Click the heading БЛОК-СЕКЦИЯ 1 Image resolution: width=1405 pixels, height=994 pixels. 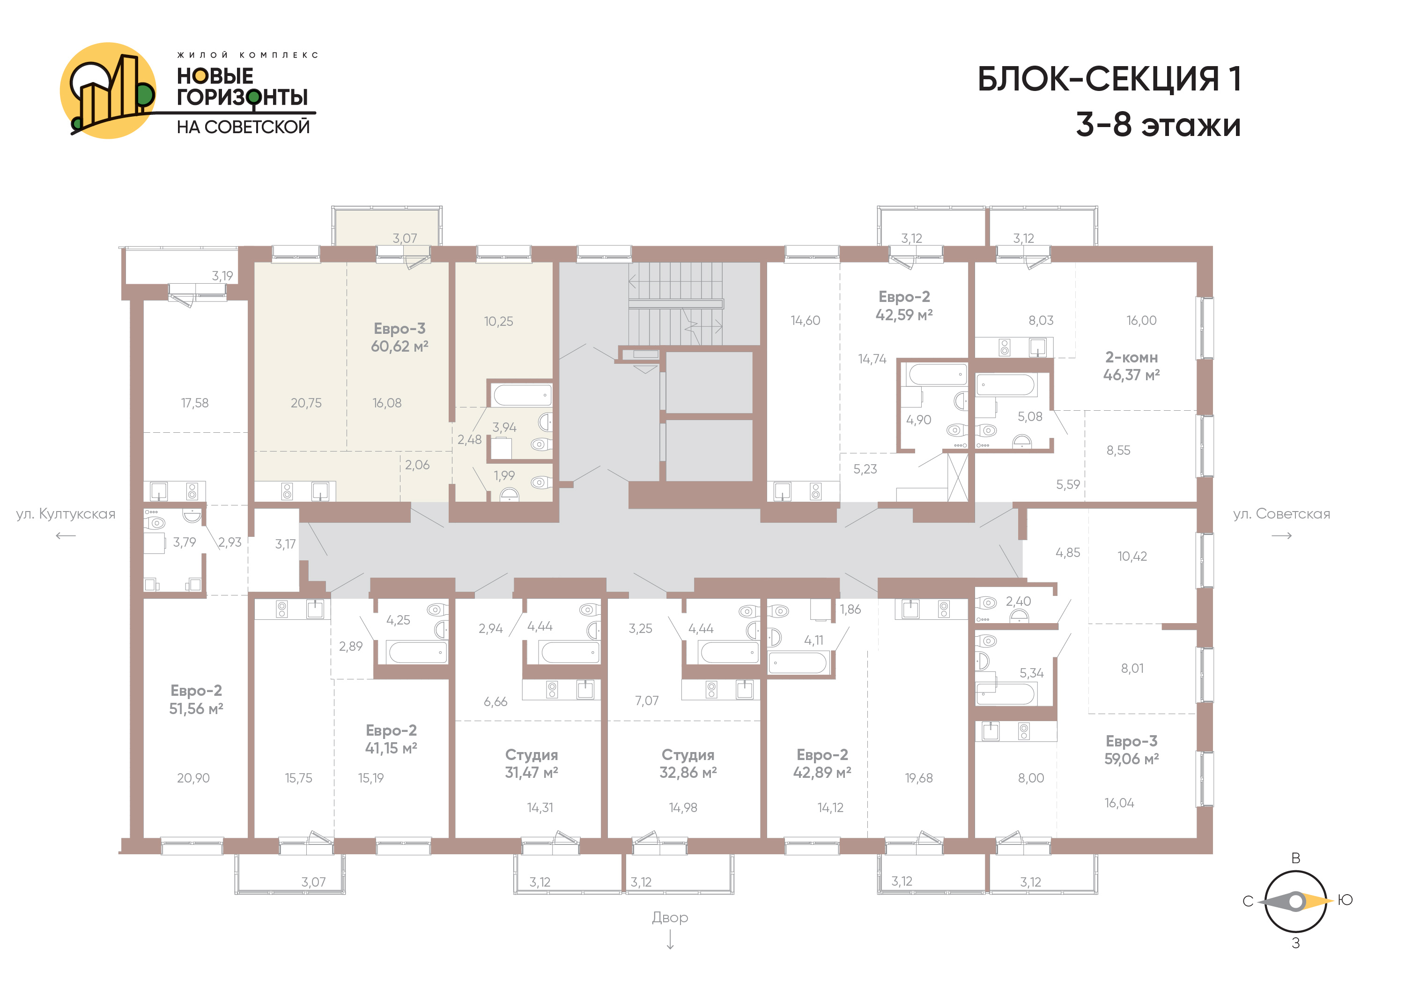pyautogui.click(x=1109, y=79)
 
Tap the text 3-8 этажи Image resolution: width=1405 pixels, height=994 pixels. pyautogui.click(x=1158, y=125)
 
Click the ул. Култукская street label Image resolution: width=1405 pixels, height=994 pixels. pyautogui.click(x=66, y=514)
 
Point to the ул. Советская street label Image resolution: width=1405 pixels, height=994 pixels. pyautogui.click(x=1281, y=514)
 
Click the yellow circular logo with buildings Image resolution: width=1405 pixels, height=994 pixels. pyautogui.click(x=108, y=90)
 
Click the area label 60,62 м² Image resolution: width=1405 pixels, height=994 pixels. pyautogui.click(x=399, y=346)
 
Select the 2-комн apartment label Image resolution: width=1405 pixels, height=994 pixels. pyautogui.click(x=1131, y=358)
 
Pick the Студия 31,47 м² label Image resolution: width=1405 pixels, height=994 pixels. pyautogui.click(x=532, y=764)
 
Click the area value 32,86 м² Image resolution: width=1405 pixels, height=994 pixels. pyautogui.click(x=688, y=773)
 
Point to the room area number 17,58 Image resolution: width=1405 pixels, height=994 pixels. pyautogui.click(x=195, y=403)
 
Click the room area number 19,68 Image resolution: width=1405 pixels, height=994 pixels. pyautogui.click(x=919, y=778)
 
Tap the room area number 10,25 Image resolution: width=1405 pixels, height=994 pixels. pyautogui.click(x=499, y=322)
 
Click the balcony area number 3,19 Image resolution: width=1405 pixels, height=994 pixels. pyautogui.click(x=222, y=276)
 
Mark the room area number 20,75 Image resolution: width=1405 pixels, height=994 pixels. pyautogui.click(x=306, y=403)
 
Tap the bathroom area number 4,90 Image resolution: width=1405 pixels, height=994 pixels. pyautogui.click(x=918, y=420)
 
